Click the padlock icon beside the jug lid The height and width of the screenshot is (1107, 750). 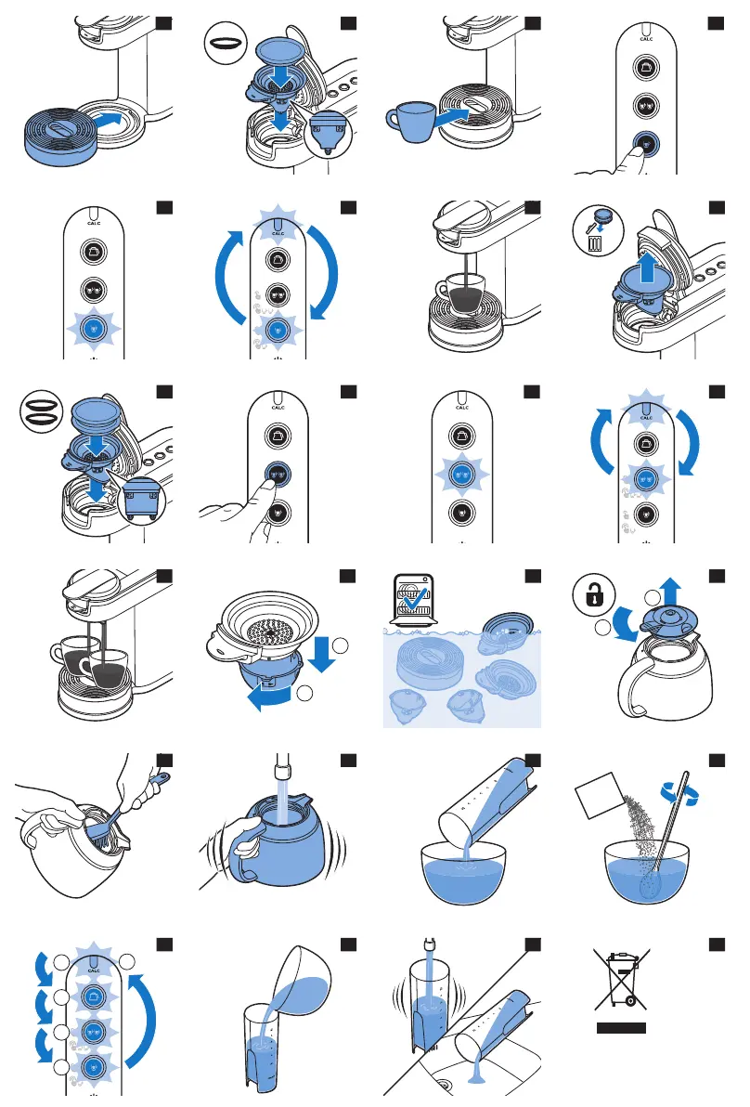pyautogui.click(x=589, y=594)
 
